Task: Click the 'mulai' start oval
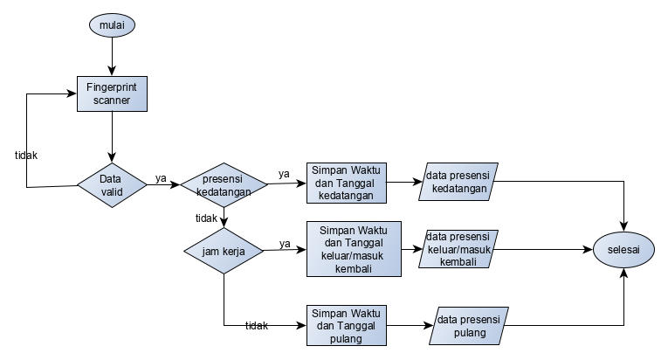tap(112, 26)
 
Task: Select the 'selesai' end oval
tap(623, 250)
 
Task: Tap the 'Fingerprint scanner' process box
tap(112, 93)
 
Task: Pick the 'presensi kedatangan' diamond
tap(224, 185)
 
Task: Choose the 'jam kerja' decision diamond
tap(224, 251)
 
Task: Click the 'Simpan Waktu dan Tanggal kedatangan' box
tap(347, 183)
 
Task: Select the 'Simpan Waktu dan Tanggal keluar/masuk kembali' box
tap(347, 250)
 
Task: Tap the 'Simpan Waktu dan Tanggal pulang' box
tap(347, 326)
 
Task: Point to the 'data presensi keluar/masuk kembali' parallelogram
tap(461, 250)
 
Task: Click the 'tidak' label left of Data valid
tap(26, 155)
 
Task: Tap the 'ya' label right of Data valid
tap(161, 178)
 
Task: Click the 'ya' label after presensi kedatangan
tap(284, 174)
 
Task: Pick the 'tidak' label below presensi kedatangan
tap(206, 218)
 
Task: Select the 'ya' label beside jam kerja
tap(285, 243)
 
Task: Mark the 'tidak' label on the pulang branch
tap(256, 326)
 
